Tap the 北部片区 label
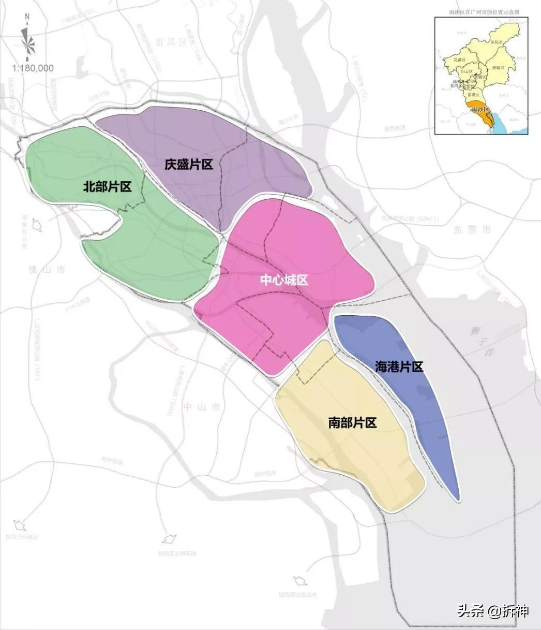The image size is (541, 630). point(107,187)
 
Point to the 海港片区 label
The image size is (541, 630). point(399,367)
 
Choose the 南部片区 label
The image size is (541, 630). point(352,423)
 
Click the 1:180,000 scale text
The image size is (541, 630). point(33,68)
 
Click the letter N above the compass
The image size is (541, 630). point(27,17)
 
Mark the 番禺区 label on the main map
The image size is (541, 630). point(171,41)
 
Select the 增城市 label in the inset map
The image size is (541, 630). point(500,67)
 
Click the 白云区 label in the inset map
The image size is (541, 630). point(467,69)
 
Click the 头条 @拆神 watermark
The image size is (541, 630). point(493,611)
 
